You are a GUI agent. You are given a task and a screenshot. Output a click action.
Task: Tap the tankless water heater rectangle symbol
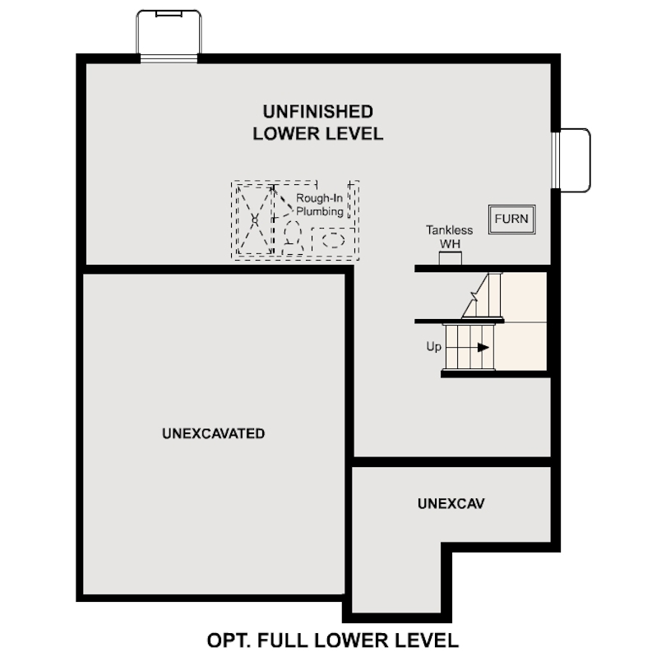[x=450, y=259]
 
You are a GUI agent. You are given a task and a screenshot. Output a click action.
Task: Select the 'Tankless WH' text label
[x=449, y=237]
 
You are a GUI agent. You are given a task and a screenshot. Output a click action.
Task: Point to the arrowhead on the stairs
[x=483, y=348]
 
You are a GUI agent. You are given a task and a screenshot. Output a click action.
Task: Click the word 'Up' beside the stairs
[x=433, y=347]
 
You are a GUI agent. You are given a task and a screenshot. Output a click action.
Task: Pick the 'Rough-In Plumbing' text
[x=320, y=205]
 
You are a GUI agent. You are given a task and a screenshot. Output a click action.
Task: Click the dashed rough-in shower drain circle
[x=255, y=220]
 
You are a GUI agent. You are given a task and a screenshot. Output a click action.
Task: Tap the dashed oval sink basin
[x=333, y=240]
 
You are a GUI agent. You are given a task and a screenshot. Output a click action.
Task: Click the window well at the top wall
[x=169, y=35]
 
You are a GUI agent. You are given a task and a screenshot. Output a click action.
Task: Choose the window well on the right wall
[x=575, y=160]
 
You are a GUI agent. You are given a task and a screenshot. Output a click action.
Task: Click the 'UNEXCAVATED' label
[x=214, y=433]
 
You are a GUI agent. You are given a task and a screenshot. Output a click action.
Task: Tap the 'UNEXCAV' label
[x=451, y=503]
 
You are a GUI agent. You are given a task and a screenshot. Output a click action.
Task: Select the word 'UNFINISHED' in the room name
[x=317, y=112]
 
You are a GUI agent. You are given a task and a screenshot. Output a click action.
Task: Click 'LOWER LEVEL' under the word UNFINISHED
[x=317, y=134]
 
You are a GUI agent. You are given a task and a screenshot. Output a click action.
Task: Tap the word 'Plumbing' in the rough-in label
[x=319, y=211]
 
